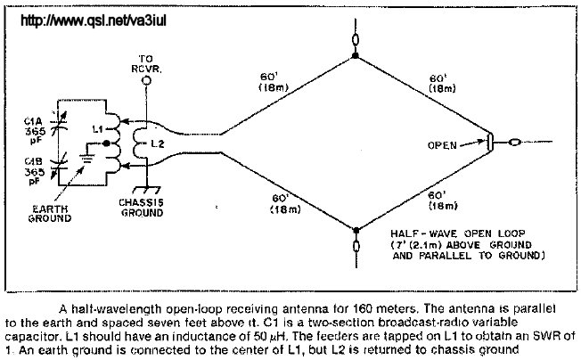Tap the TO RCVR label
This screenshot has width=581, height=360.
pyautogui.click(x=147, y=66)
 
